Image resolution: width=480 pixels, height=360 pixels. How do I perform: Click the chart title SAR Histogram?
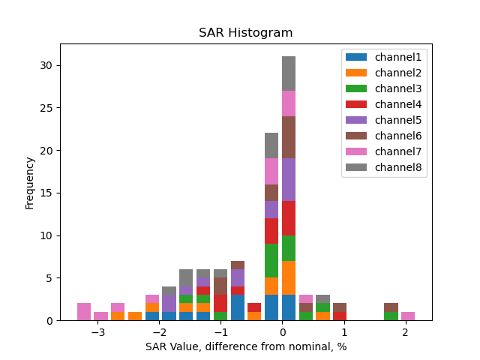245,33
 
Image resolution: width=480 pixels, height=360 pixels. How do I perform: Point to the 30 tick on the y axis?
46,66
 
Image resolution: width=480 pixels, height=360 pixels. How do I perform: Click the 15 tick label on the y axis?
46,193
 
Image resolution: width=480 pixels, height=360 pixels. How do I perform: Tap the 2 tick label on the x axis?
405,332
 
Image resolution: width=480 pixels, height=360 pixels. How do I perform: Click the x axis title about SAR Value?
245,346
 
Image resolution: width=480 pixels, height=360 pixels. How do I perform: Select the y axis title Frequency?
30,182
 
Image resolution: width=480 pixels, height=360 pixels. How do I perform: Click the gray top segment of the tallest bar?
289,73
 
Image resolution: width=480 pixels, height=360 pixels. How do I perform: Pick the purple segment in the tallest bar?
289,180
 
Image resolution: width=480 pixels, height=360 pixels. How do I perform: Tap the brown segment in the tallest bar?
289,137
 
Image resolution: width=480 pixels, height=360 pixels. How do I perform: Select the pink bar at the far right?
408,316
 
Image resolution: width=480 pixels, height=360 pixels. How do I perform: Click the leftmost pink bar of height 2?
84,312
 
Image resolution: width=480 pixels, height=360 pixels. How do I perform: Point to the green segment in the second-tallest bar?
271,261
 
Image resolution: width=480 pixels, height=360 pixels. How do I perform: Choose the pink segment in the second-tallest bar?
271,172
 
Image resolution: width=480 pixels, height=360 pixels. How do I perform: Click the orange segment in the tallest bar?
289,277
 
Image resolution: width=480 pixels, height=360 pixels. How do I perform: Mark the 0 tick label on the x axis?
283,332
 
